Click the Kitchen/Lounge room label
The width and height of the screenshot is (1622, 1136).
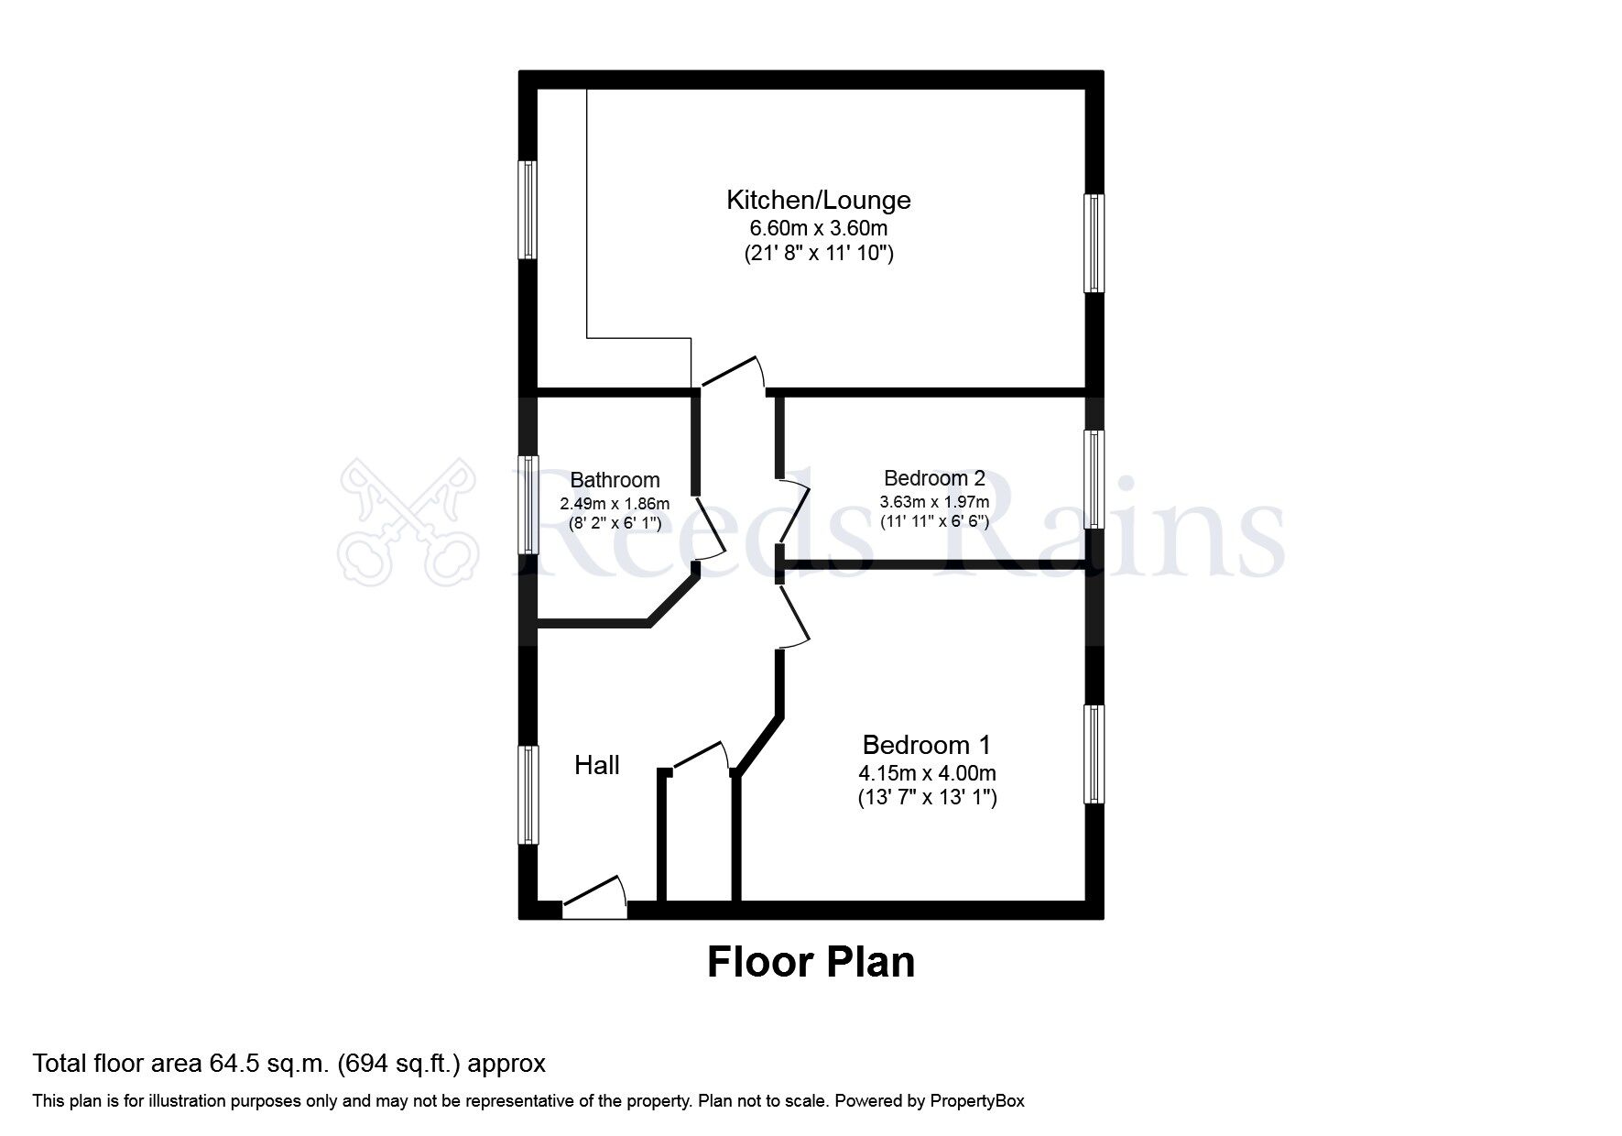(819, 200)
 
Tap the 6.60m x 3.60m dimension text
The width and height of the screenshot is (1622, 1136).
(819, 227)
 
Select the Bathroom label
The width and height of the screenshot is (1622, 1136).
(615, 480)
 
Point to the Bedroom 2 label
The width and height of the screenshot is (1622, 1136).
(934, 478)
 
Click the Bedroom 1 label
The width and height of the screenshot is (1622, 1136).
(927, 745)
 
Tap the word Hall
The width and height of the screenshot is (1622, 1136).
(597, 765)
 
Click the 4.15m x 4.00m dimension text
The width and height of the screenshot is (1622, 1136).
(927, 773)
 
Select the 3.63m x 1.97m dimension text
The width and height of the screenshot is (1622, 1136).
(934, 502)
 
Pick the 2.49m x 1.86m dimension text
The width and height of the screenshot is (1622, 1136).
(615, 504)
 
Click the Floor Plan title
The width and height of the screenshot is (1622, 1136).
(811, 962)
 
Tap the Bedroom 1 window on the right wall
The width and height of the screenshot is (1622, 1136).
(1094, 754)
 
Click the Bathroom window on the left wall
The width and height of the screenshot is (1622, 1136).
(528, 505)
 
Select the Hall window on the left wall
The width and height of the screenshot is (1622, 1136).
(528, 794)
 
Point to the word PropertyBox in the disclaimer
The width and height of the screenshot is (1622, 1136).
(977, 1101)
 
